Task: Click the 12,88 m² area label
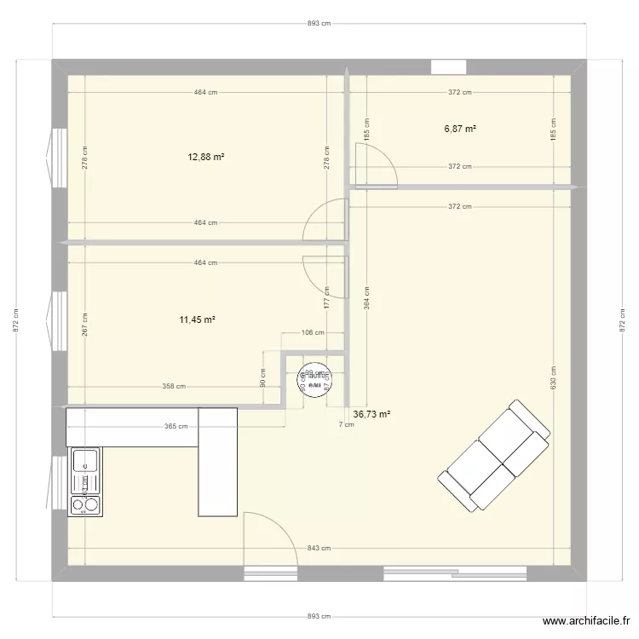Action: click(x=206, y=157)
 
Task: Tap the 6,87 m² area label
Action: click(x=460, y=129)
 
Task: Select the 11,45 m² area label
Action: click(x=197, y=319)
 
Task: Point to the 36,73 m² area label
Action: click(x=372, y=414)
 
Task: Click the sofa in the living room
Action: click(x=495, y=456)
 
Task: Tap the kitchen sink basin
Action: click(x=85, y=461)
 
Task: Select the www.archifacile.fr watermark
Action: click(x=588, y=623)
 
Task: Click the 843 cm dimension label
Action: click(x=319, y=549)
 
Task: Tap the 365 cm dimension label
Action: click(x=177, y=427)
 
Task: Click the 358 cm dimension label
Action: click(x=174, y=387)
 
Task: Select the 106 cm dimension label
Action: click(x=314, y=333)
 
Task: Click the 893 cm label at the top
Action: click(x=319, y=24)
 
